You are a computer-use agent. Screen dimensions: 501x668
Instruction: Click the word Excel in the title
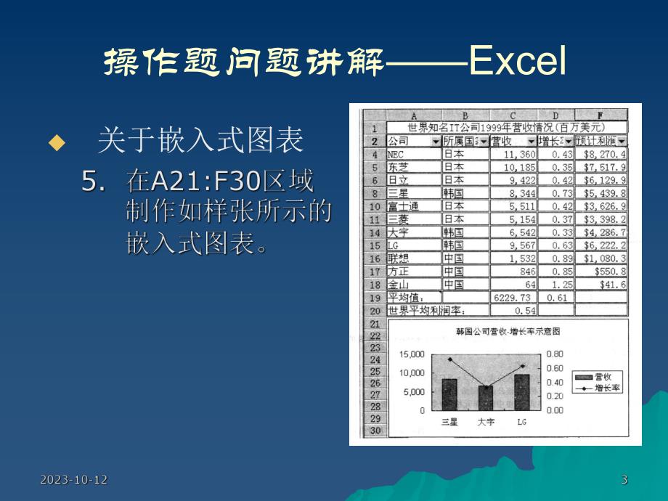click(x=517, y=63)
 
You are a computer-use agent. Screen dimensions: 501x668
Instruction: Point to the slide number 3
click(x=624, y=479)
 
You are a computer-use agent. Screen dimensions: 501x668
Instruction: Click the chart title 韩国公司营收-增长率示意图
click(x=508, y=332)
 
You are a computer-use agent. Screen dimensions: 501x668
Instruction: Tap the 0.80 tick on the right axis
click(x=554, y=354)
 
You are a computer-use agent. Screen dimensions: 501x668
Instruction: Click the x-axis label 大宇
click(x=486, y=421)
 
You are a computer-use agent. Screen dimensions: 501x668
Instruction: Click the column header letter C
click(x=513, y=115)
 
